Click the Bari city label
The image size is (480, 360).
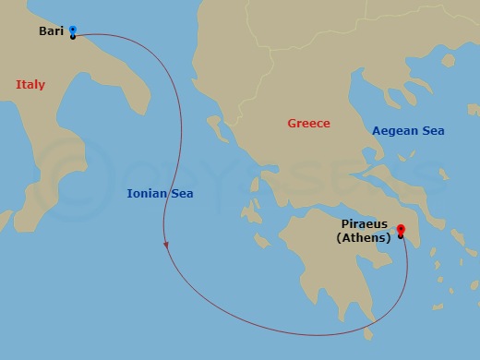click(50, 31)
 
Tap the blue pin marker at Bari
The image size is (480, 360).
click(73, 30)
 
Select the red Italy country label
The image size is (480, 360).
click(30, 85)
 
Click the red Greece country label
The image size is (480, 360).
click(308, 124)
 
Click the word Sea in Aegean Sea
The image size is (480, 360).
click(433, 131)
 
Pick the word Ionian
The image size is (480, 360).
click(146, 193)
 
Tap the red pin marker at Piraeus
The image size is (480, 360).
click(401, 231)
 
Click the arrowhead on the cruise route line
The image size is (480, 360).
click(166, 246)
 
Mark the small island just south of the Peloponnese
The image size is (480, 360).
click(371, 334)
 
